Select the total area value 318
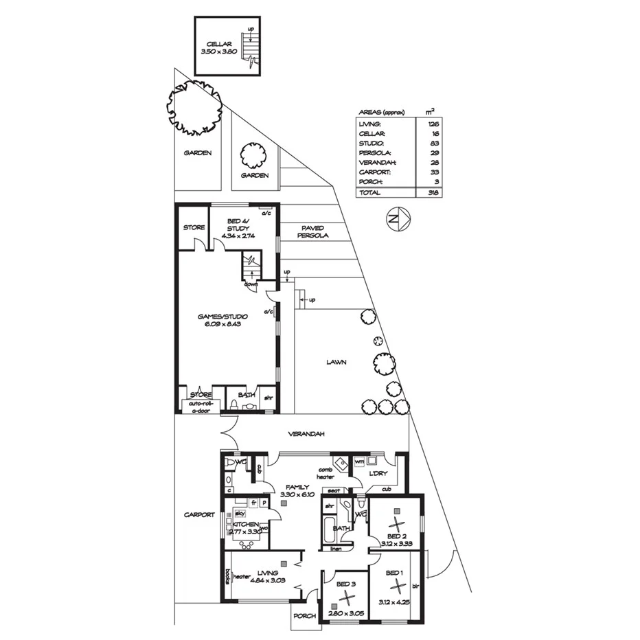click(x=433, y=193)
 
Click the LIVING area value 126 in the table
click(x=433, y=123)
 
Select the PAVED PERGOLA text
click(x=312, y=231)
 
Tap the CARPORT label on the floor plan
click(x=199, y=514)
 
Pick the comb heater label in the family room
click(x=325, y=472)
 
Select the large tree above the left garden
click(x=194, y=108)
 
